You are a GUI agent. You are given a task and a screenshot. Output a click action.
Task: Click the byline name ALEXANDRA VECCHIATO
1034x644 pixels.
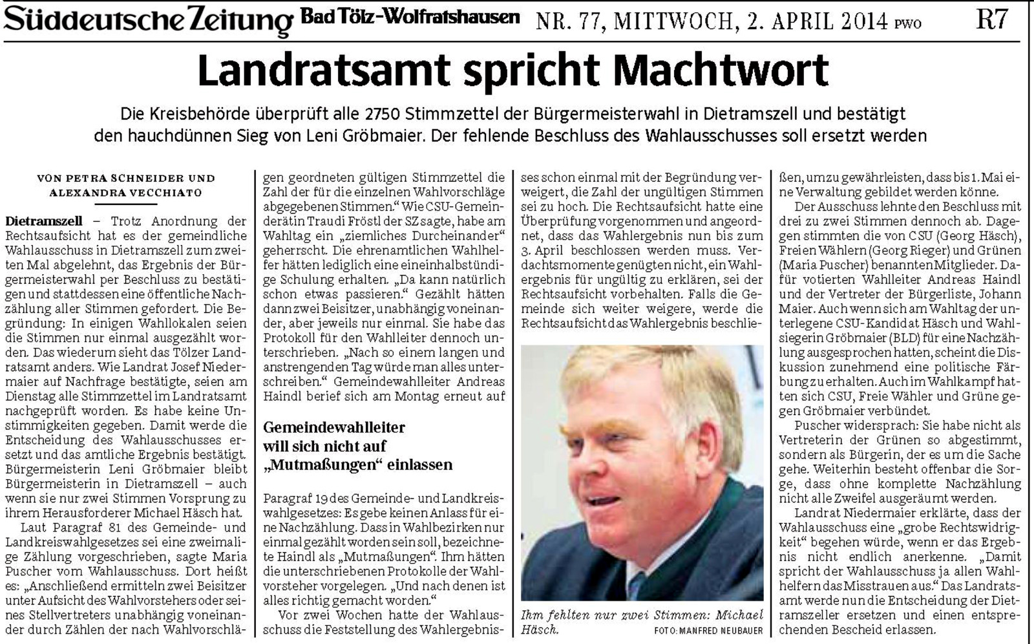126,193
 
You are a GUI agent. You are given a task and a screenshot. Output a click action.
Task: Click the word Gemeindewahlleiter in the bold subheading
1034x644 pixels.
334,427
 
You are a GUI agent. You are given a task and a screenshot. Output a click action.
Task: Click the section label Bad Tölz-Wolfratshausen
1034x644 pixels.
410,17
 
